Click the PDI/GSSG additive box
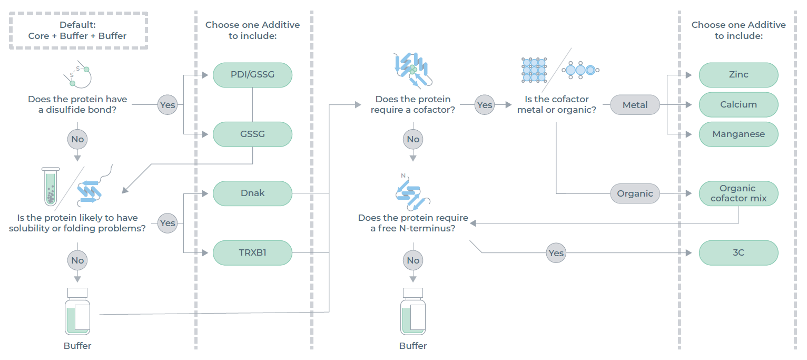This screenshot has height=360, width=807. (x=252, y=75)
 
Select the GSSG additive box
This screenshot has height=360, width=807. (x=252, y=134)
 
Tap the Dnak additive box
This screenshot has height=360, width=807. (x=252, y=193)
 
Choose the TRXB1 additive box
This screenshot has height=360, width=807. (x=252, y=252)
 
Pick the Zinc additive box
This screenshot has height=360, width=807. (x=738, y=75)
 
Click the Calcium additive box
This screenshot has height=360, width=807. (x=738, y=104)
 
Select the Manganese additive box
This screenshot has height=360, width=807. (x=738, y=134)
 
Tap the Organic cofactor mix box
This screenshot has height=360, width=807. (x=738, y=193)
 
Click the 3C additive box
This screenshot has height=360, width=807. (x=738, y=252)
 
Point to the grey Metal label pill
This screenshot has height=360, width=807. (x=635, y=105)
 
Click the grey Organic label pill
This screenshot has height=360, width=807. (x=635, y=193)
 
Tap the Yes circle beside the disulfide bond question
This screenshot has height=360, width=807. (x=168, y=105)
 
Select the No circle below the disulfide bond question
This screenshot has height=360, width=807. (x=77, y=140)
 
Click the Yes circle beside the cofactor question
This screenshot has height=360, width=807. (x=484, y=105)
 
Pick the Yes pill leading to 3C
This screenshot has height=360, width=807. (x=556, y=253)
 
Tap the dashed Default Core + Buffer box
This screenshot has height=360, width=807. (x=78, y=31)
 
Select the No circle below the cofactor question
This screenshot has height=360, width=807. (x=413, y=140)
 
